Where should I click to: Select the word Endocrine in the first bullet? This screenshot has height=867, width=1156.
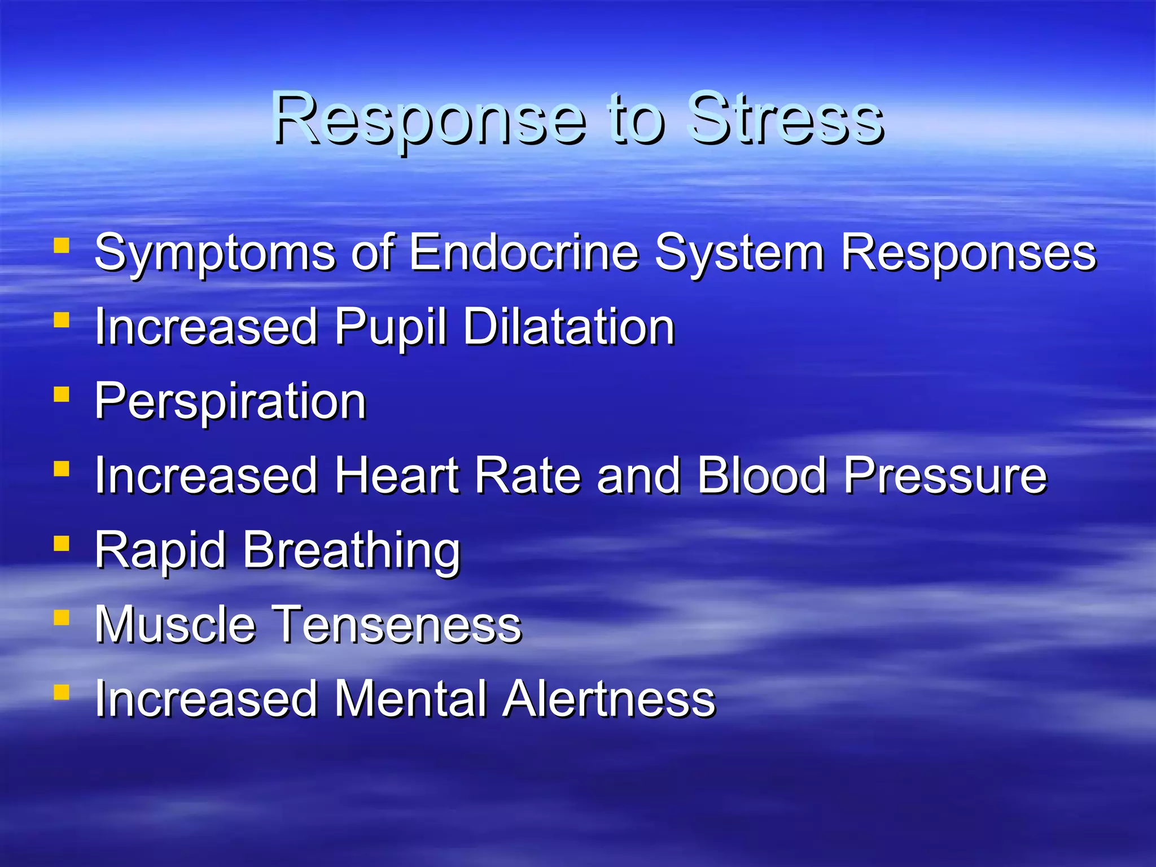pyautogui.click(x=523, y=252)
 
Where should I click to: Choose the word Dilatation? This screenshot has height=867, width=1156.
pyautogui.click(x=569, y=327)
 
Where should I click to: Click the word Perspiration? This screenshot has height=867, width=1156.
pyautogui.click(x=230, y=402)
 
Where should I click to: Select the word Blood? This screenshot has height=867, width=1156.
pyautogui.click(x=762, y=475)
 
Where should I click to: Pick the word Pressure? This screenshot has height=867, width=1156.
pyautogui.click(x=945, y=475)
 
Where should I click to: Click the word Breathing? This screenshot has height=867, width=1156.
pyautogui.click(x=352, y=551)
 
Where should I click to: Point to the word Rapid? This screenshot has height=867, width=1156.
pyautogui.click(x=160, y=551)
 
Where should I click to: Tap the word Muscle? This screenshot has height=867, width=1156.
pyautogui.click(x=175, y=624)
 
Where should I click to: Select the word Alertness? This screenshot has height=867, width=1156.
pyautogui.click(x=609, y=699)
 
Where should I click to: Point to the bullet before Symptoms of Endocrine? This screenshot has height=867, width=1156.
pyautogui.click(x=62, y=246)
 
